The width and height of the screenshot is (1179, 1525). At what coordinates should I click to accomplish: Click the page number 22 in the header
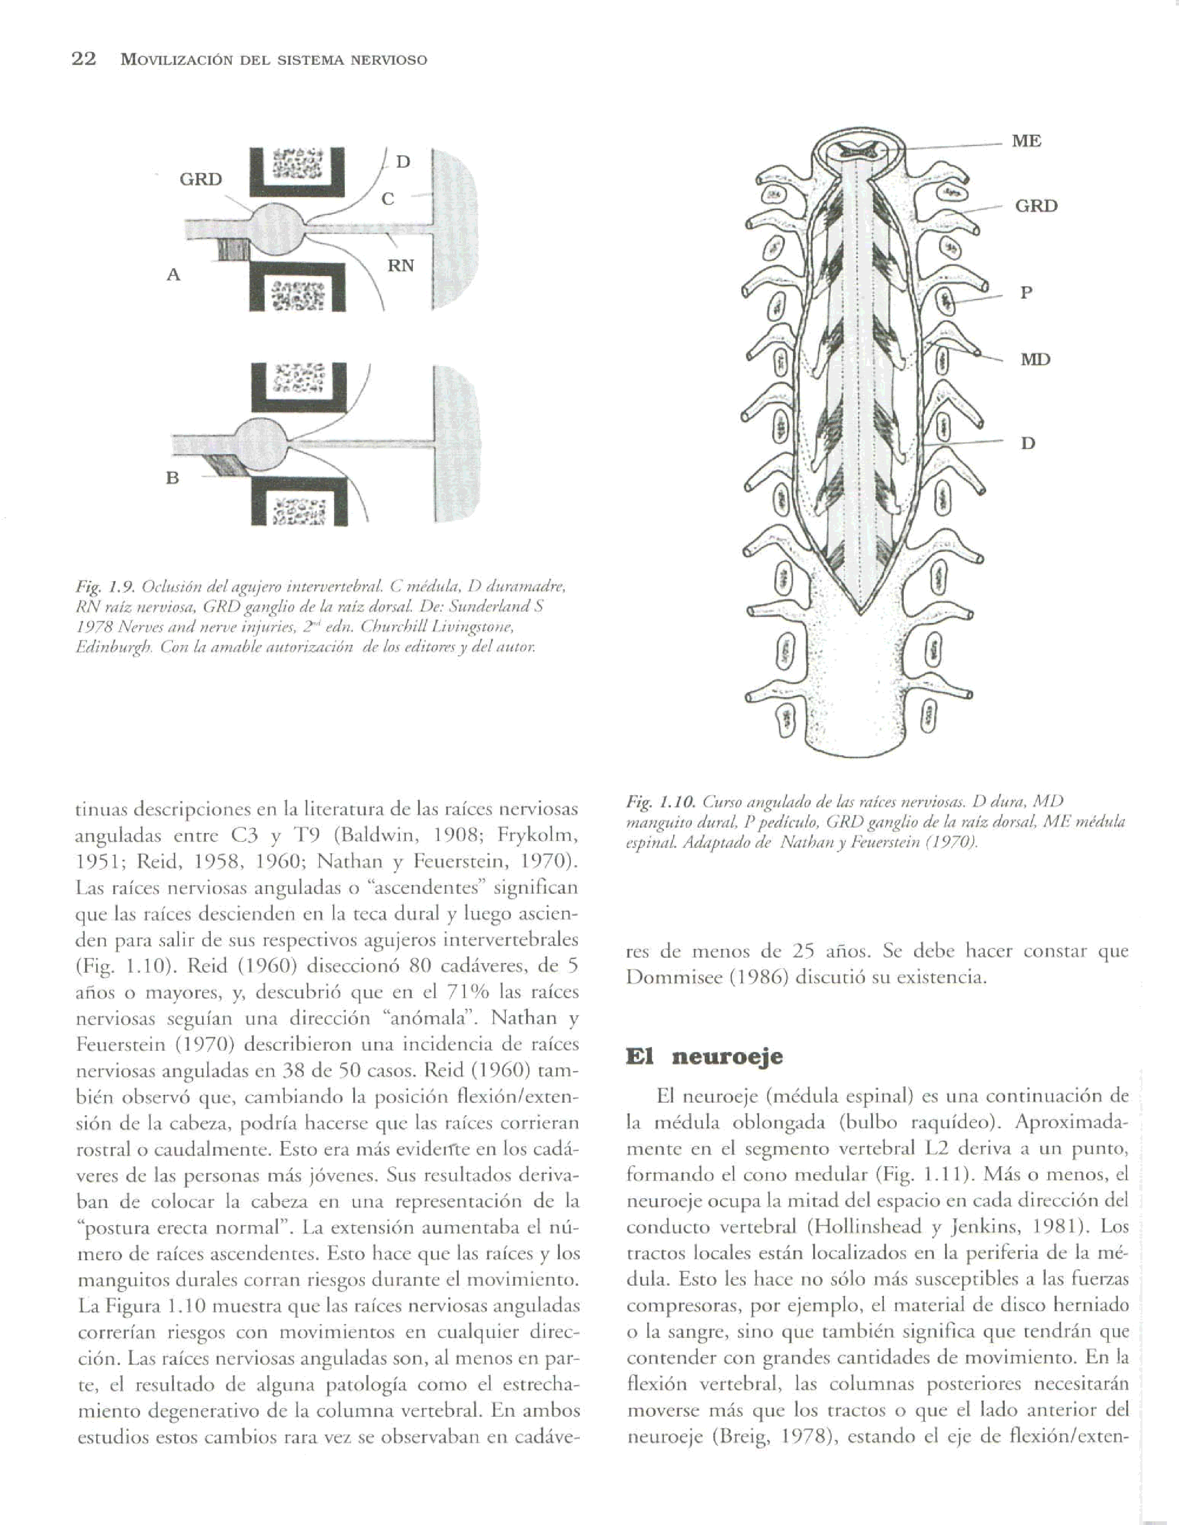click(84, 59)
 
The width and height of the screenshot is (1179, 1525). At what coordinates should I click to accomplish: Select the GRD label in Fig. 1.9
click(201, 179)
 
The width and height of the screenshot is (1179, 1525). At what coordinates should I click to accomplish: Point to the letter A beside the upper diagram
click(173, 274)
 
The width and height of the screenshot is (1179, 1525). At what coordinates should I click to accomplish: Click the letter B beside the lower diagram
click(172, 478)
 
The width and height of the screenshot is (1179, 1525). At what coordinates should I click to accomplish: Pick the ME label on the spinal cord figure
click(1026, 141)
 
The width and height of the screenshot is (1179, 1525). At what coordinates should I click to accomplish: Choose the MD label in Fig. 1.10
click(1035, 360)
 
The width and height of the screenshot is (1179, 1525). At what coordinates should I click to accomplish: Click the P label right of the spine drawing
click(1025, 293)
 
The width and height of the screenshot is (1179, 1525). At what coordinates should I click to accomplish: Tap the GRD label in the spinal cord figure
click(1036, 206)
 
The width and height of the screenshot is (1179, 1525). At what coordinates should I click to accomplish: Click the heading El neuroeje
click(704, 1056)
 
